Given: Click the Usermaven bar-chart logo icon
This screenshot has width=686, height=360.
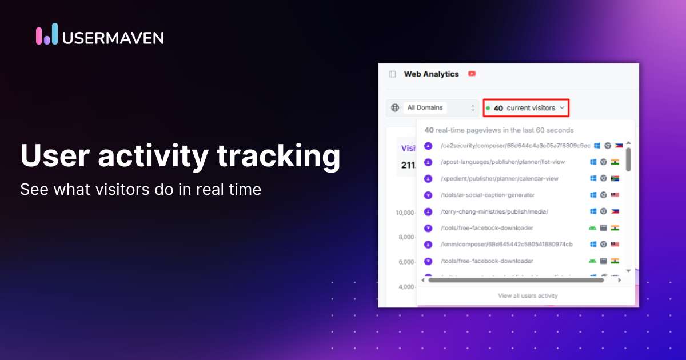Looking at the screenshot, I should click(47, 34).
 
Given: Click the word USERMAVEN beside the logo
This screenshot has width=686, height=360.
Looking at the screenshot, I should click(113, 38).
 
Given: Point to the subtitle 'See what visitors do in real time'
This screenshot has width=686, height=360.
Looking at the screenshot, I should click(141, 189).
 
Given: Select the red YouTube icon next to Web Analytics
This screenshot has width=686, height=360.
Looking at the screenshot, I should click(472, 74).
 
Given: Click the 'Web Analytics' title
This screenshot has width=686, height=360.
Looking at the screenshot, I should click(431, 74).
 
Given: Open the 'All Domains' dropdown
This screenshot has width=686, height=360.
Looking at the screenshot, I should click(440, 107).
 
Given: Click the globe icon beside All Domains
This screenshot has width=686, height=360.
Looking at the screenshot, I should click(394, 107).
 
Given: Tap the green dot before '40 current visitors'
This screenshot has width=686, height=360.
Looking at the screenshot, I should click(488, 107).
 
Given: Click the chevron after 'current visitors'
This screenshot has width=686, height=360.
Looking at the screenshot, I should click(563, 107).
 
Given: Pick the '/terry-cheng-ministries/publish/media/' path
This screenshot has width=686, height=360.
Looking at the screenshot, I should click(494, 211).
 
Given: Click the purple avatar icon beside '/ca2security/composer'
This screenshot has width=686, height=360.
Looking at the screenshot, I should click(428, 146).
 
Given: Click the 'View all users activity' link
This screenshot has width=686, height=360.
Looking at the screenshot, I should click(528, 295).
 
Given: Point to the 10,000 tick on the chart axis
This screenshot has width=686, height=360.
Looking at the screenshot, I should click(405, 213).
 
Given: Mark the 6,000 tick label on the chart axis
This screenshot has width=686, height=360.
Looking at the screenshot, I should click(406, 262).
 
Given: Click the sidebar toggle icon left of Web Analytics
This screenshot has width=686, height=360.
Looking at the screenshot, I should click(392, 74).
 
